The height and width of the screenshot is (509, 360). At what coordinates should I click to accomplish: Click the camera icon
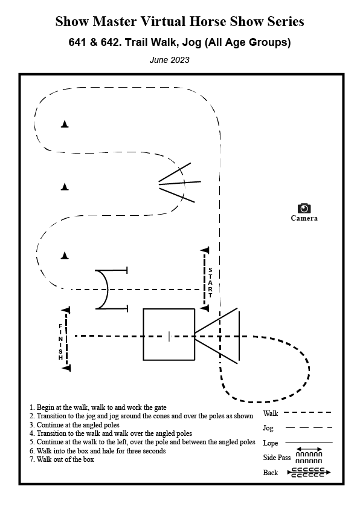[304, 208]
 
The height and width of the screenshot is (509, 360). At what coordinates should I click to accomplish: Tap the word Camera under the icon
[304, 218]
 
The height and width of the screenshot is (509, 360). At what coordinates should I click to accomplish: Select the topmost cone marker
[65, 124]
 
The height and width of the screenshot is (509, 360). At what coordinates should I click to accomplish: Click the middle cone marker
[65, 186]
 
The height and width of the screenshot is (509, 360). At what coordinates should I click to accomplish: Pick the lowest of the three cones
[65, 256]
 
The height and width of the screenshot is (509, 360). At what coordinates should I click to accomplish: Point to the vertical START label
[210, 282]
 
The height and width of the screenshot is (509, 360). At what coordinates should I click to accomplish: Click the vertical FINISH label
[60, 342]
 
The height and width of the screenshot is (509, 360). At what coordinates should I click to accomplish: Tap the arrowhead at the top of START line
[205, 250]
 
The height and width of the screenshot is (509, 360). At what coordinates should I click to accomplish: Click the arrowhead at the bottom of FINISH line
[66, 368]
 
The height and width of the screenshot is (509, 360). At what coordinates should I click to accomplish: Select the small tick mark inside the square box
[169, 337]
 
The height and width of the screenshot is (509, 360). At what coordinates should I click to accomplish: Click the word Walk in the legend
[271, 413]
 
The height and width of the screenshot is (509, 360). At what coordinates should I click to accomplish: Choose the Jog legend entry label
[268, 428]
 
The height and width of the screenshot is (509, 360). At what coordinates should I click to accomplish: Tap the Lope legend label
[271, 443]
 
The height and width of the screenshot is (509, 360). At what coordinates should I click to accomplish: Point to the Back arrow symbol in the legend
[309, 472]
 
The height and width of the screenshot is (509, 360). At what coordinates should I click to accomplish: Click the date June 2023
[169, 60]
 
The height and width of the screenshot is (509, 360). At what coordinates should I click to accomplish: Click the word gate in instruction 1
[159, 407]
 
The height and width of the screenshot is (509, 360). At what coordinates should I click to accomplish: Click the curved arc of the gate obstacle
[106, 289]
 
